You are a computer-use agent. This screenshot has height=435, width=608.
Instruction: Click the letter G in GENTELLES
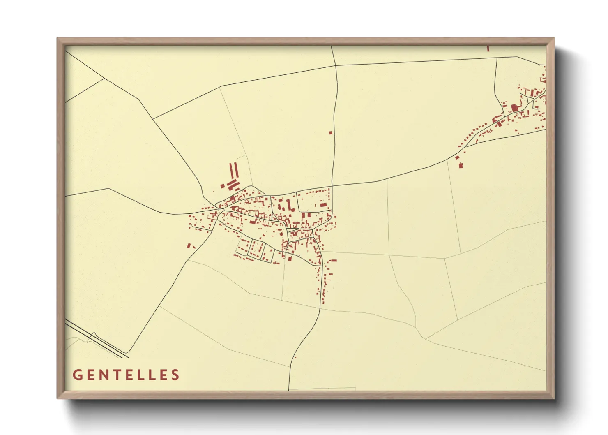[77, 375]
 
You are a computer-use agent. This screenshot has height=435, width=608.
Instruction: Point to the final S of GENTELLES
[176, 375]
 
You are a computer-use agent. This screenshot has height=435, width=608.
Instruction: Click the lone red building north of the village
[330, 133]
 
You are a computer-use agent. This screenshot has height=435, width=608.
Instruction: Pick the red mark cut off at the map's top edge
[488, 49]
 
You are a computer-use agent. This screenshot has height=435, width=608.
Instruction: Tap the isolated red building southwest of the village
[189, 246]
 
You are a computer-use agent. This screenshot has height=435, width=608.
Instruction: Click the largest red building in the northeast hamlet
[514, 108]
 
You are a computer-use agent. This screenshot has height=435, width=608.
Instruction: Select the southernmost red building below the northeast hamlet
[461, 165]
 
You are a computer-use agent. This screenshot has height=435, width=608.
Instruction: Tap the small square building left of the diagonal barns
[222, 186]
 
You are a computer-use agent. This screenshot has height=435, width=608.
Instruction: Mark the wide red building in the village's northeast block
[323, 205]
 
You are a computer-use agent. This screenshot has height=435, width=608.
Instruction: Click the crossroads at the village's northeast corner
[332, 186]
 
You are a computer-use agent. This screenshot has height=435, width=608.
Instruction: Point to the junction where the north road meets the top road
[336, 65]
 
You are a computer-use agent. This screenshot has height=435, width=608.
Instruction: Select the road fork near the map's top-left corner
[103, 78]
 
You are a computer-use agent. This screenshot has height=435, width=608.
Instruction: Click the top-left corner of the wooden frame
[58, 39]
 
